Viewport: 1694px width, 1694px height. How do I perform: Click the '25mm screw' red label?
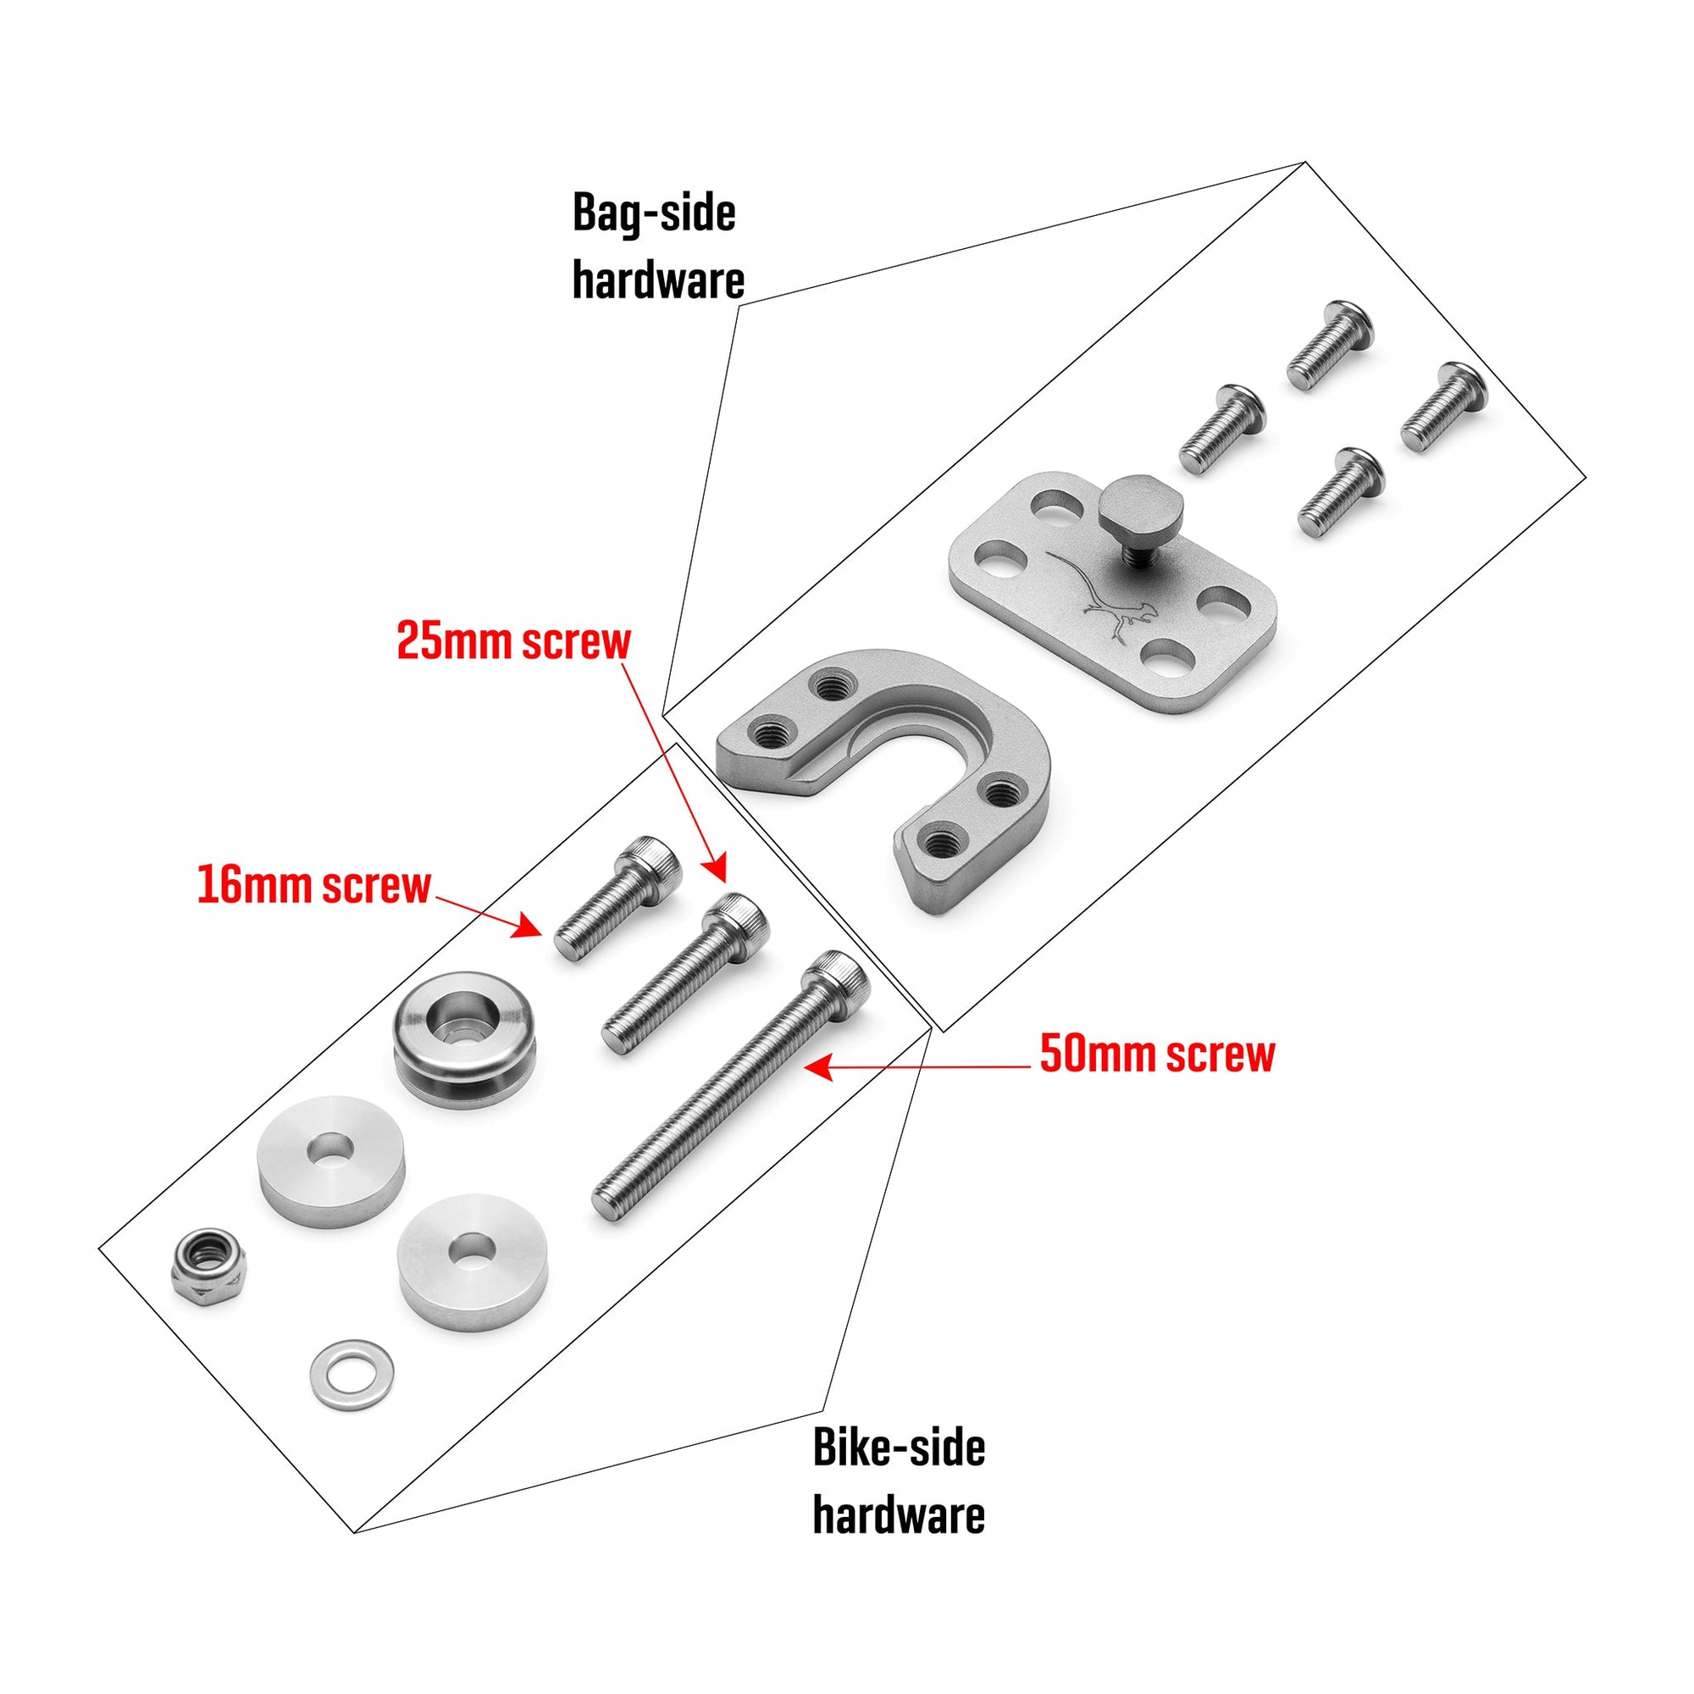(x=513, y=642)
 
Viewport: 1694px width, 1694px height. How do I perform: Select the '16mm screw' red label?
(x=314, y=886)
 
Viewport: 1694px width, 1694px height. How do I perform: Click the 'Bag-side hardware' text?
(x=657, y=247)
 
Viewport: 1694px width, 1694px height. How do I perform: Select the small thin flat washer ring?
(x=352, y=1376)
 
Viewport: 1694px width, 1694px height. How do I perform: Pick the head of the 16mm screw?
(x=650, y=862)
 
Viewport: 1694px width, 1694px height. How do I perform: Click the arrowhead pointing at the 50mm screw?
(x=816, y=1068)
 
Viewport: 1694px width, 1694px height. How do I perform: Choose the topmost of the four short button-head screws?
(x=1329, y=343)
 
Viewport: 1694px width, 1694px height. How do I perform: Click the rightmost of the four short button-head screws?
(x=1444, y=407)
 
